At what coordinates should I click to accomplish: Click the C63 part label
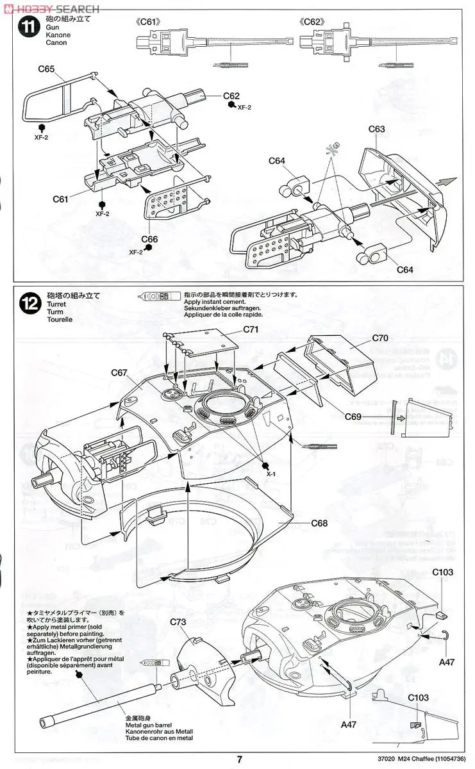click(377, 129)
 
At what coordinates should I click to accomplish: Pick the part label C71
click(253, 329)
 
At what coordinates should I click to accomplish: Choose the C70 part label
click(381, 337)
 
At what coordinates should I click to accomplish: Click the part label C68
click(319, 523)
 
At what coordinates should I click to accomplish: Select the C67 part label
click(120, 372)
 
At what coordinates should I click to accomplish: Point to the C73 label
click(179, 622)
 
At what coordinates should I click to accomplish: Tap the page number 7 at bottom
click(239, 759)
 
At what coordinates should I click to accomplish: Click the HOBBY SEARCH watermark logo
click(51, 8)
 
